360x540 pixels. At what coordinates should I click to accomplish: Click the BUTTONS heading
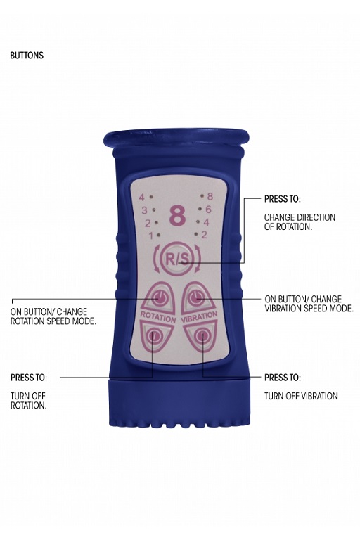pos(27,56)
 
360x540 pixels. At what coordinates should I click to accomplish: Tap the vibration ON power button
pos(195,297)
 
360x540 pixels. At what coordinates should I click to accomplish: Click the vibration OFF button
pos(202,335)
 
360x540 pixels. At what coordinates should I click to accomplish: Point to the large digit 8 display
pos(177,217)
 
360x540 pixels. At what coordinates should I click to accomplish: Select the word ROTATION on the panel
pos(158,316)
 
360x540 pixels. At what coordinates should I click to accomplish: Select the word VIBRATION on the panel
pos(199,317)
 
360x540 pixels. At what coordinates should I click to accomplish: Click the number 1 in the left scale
pos(150,236)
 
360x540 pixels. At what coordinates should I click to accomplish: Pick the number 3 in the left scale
pos(144,210)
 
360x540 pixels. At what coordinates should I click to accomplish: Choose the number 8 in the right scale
pos(210,196)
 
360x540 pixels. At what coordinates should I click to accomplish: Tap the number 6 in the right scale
pos(208,209)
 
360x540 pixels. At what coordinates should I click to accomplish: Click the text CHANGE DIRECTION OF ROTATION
pos(300,222)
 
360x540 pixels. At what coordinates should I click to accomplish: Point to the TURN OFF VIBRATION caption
pos(301,396)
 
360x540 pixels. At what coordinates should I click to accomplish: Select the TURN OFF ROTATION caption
pos(28,401)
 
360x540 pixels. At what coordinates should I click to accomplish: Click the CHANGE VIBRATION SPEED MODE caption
pos(309,304)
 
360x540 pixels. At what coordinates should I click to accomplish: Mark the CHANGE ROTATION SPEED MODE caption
pos(53,316)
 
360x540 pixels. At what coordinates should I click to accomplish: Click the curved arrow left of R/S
pos(156,258)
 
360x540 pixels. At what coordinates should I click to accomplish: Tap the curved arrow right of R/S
pos(198,258)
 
